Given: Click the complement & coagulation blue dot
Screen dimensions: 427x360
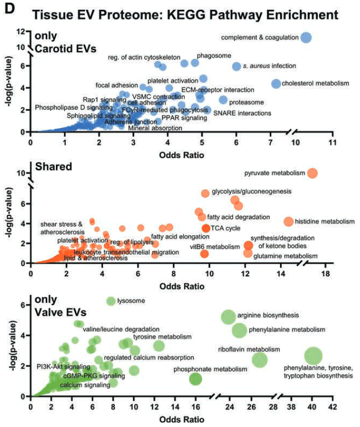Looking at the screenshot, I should (x=306, y=37).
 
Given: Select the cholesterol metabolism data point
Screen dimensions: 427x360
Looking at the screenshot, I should (x=276, y=84).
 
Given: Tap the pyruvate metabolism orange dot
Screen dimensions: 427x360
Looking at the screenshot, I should (x=312, y=173).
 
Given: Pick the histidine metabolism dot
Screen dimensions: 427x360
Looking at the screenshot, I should (x=289, y=221).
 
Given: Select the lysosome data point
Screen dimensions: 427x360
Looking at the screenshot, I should (x=110, y=301).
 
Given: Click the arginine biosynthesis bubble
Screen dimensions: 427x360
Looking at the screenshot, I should (x=229, y=317).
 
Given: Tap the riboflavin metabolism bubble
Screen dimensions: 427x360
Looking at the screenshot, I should (x=259, y=360).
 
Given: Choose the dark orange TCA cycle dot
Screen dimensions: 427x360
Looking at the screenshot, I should (x=205, y=228).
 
